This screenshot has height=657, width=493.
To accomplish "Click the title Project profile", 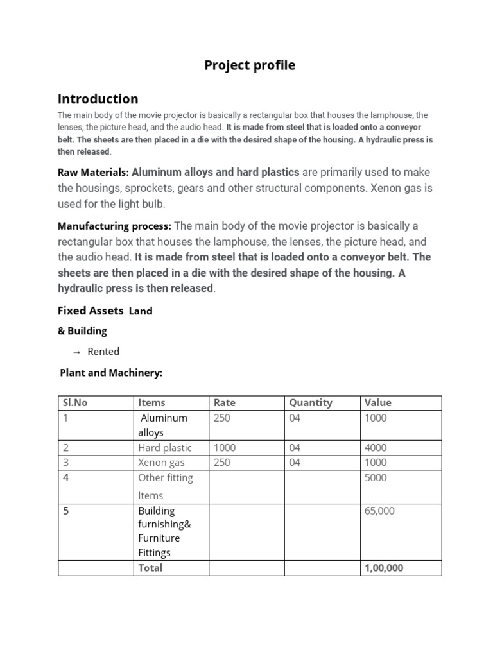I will click(x=250, y=65).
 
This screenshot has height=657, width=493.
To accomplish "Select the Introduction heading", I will click(x=98, y=99).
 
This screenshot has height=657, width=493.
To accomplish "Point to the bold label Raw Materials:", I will click(x=94, y=172).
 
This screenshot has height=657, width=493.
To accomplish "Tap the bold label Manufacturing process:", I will click(x=114, y=226).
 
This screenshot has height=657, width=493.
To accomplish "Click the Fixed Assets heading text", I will click(x=91, y=311).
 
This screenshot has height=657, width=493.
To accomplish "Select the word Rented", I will click(x=103, y=352).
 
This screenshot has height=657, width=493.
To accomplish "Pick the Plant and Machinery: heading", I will click(x=111, y=373).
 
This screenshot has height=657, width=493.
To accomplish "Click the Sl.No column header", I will click(x=74, y=403).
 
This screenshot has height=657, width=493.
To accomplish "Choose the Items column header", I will click(x=151, y=403).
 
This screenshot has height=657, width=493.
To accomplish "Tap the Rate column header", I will click(x=225, y=403).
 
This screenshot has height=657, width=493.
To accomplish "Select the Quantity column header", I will click(x=311, y=403).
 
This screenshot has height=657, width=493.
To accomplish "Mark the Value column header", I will click(x=377, y=403).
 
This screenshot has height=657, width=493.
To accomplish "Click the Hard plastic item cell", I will click(x=164, y=448).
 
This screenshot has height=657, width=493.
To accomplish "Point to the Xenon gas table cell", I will click(x=161, y=463).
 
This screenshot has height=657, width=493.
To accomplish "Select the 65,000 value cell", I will click(x=379, y=511).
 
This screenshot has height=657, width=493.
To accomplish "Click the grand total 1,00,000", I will click(x=384, y=568).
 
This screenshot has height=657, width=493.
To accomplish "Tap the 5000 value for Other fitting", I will click(x=376, y=478).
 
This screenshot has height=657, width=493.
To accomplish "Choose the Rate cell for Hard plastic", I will click(x=225, y=448).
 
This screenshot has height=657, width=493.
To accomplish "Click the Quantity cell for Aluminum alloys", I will click(x=295, y=418).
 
